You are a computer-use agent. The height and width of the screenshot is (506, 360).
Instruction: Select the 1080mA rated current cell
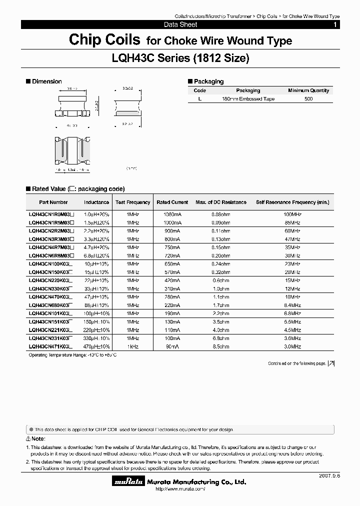[x=172, y=213]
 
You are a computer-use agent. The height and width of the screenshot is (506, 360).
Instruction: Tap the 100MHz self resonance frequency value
[x=292, y=213]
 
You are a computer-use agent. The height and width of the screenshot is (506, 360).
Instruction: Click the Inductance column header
[x=96, y=202]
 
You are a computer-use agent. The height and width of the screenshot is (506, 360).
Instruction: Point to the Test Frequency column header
[x=132, y=202]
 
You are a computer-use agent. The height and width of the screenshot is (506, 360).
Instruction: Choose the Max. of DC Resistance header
[x=220, y=202]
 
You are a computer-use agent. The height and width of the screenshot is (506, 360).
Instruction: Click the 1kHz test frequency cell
[x=132, y=346]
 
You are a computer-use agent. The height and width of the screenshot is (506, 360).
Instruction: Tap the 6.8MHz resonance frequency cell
[x=292, y=313]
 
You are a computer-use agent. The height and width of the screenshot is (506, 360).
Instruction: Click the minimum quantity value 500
[x=308, y=99]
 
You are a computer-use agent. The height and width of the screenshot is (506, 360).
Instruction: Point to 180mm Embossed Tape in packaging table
[x=248, y=99]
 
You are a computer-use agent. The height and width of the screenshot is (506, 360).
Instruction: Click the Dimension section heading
[x=46, y=81]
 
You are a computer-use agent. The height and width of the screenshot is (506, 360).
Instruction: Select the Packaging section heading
[x=208, y=81]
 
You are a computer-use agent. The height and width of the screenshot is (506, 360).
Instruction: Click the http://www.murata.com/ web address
[x=180, y=489]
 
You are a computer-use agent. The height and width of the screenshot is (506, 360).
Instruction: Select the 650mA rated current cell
[x=172, y=263]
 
